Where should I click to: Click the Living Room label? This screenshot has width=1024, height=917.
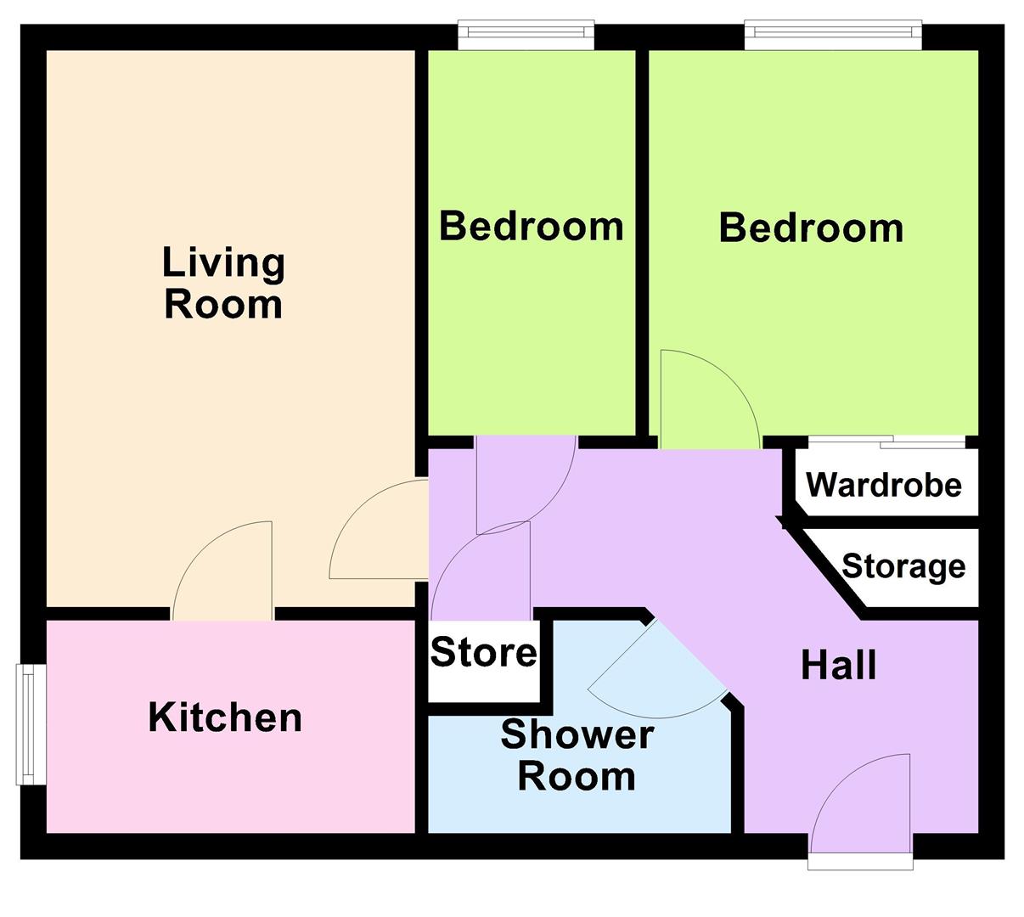coord(223,284)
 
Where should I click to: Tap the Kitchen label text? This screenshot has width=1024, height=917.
coord(225,717)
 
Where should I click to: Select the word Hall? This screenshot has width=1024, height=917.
coord(839,666)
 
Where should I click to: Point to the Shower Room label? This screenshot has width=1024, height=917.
coord(577,755)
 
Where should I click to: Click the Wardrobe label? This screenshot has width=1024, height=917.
coord(884,485)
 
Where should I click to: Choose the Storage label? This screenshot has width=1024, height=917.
coord(903,566)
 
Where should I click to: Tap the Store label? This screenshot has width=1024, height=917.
coord(483,653)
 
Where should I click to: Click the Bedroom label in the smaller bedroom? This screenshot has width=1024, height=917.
coord(532,227)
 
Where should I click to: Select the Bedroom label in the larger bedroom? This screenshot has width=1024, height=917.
coord(811,228)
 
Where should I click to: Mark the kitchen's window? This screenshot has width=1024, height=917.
coord(31,724)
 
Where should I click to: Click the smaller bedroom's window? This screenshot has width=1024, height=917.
coord(526,34)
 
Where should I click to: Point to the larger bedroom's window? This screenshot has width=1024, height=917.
coord(833,34)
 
